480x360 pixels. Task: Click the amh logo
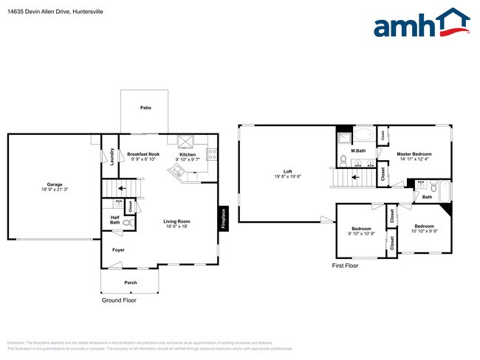click(422, 24)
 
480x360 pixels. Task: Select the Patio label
click(146, 108)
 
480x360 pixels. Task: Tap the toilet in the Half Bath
click(126, 221)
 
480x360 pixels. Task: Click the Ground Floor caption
click(119, 300)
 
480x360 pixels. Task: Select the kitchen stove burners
click(212, 155)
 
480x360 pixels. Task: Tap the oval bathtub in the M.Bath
click(364, 136)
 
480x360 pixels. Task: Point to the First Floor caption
click(345, 266)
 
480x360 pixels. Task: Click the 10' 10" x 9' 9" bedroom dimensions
click(424, 231)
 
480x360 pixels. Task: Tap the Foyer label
click(118, 250)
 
